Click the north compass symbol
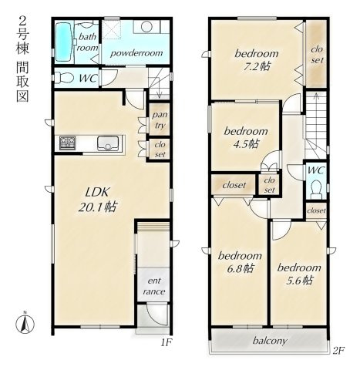tap(25, 322)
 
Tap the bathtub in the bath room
tap(63, 42)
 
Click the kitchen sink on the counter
tap(108, 143)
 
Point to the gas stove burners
tap(68, 143)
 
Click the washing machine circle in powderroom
tap(146, 26)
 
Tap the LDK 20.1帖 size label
tap(98, 200)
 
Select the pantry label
tap(160, 119)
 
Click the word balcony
tap(270, 341)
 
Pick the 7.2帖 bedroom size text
tap(257, 67)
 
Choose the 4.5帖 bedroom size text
tap(246, 144)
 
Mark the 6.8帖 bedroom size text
tap(241, 268)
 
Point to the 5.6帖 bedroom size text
tap(300, 281)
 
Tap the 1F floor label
tap(166, 343)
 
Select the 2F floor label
tap(338, 351)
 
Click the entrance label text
tap(154, 286)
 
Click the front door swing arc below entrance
tap(156, 317)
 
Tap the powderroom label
tap(136, 53)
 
